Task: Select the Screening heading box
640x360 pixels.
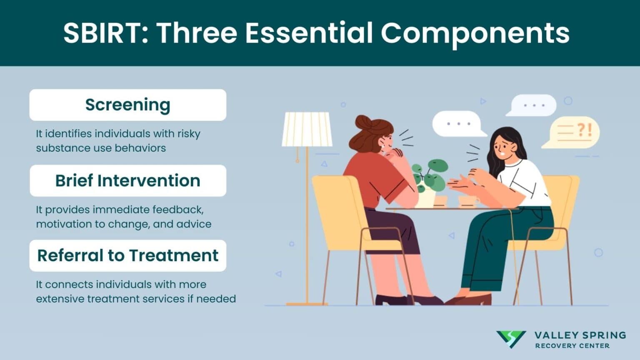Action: point(127,105)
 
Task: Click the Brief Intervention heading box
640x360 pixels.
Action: point(127,181)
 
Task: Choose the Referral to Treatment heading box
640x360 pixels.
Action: point(127,255)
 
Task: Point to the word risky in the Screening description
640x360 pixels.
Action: point(188,134)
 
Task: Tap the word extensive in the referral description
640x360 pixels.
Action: point(60,299)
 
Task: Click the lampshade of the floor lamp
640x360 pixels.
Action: point(307,129)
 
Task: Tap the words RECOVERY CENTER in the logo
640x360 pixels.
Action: point(572,346)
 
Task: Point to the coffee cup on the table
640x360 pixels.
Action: point(467,201)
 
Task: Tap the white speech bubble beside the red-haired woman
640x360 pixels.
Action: point(457,124)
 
